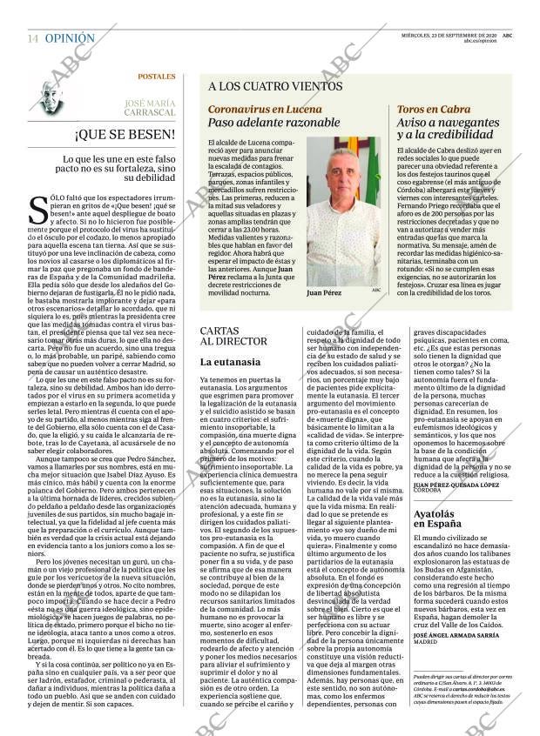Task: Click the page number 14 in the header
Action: tap(32, 39)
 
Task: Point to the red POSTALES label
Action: tap(156, 77)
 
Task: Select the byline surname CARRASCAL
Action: tap(147, 112)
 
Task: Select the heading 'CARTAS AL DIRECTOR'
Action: tap(233, 337)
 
